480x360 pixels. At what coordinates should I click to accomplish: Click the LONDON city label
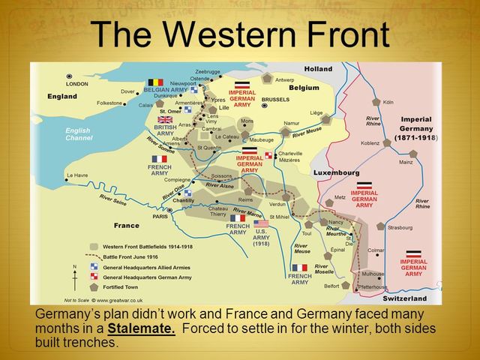pos(77,84)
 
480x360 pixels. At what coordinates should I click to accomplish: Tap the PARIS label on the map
pos(160,217)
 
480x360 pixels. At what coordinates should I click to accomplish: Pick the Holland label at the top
pos(318,69)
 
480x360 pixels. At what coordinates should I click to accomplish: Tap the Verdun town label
pos(277,204)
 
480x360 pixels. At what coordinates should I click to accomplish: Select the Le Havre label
pos(76,176)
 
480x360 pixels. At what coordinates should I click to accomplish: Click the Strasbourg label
pos(400,226)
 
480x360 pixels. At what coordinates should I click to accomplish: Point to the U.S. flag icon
pos(260,223)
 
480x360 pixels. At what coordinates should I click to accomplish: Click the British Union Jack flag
pos(164,119)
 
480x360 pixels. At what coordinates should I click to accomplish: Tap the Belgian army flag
pos(155,82)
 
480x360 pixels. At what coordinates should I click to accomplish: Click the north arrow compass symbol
pos(73,277)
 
